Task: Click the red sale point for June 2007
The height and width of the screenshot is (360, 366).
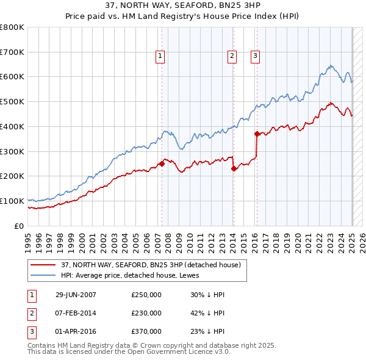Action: [x=162, y=164]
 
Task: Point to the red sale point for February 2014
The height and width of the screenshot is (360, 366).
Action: [x=234, y=168]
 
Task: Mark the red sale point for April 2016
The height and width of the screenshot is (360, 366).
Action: [x=257, y=134]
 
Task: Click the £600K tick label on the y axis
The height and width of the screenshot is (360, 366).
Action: [x=12, y=77]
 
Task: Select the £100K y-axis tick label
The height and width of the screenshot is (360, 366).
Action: [x=12, y=201]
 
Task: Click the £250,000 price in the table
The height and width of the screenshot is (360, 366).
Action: [x=146, y=295]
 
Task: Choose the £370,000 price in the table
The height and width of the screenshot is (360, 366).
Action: [x=146, y=331]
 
